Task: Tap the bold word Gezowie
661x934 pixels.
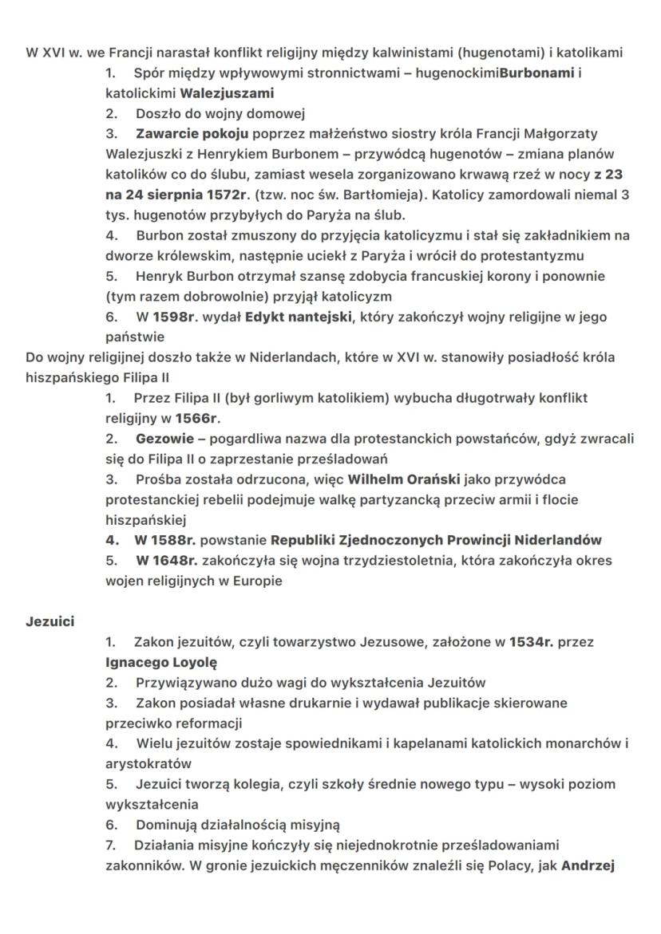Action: [x=162, y=438]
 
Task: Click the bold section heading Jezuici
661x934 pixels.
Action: [x=49, y=621]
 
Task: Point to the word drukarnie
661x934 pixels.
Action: [x=295, y=703]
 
